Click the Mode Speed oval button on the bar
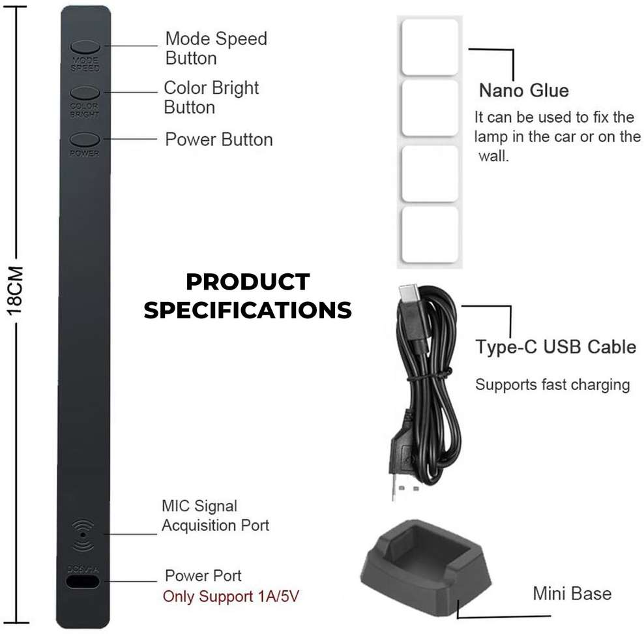pos(85,47)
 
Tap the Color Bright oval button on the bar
pos(85,93)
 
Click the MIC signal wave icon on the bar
pos(83,534)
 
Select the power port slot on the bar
pos(83,581)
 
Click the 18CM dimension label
pos(15,290)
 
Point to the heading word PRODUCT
pos(248,282)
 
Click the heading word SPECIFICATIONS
pos(248,310)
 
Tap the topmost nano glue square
pos(430,47)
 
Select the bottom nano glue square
pos(430,234)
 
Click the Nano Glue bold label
pos(524,90)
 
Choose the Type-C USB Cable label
pos(556,346)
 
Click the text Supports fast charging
pos(552,384)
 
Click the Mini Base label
pos(572,593)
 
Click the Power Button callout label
pos(219,140)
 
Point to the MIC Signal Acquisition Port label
pos(215,515)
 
